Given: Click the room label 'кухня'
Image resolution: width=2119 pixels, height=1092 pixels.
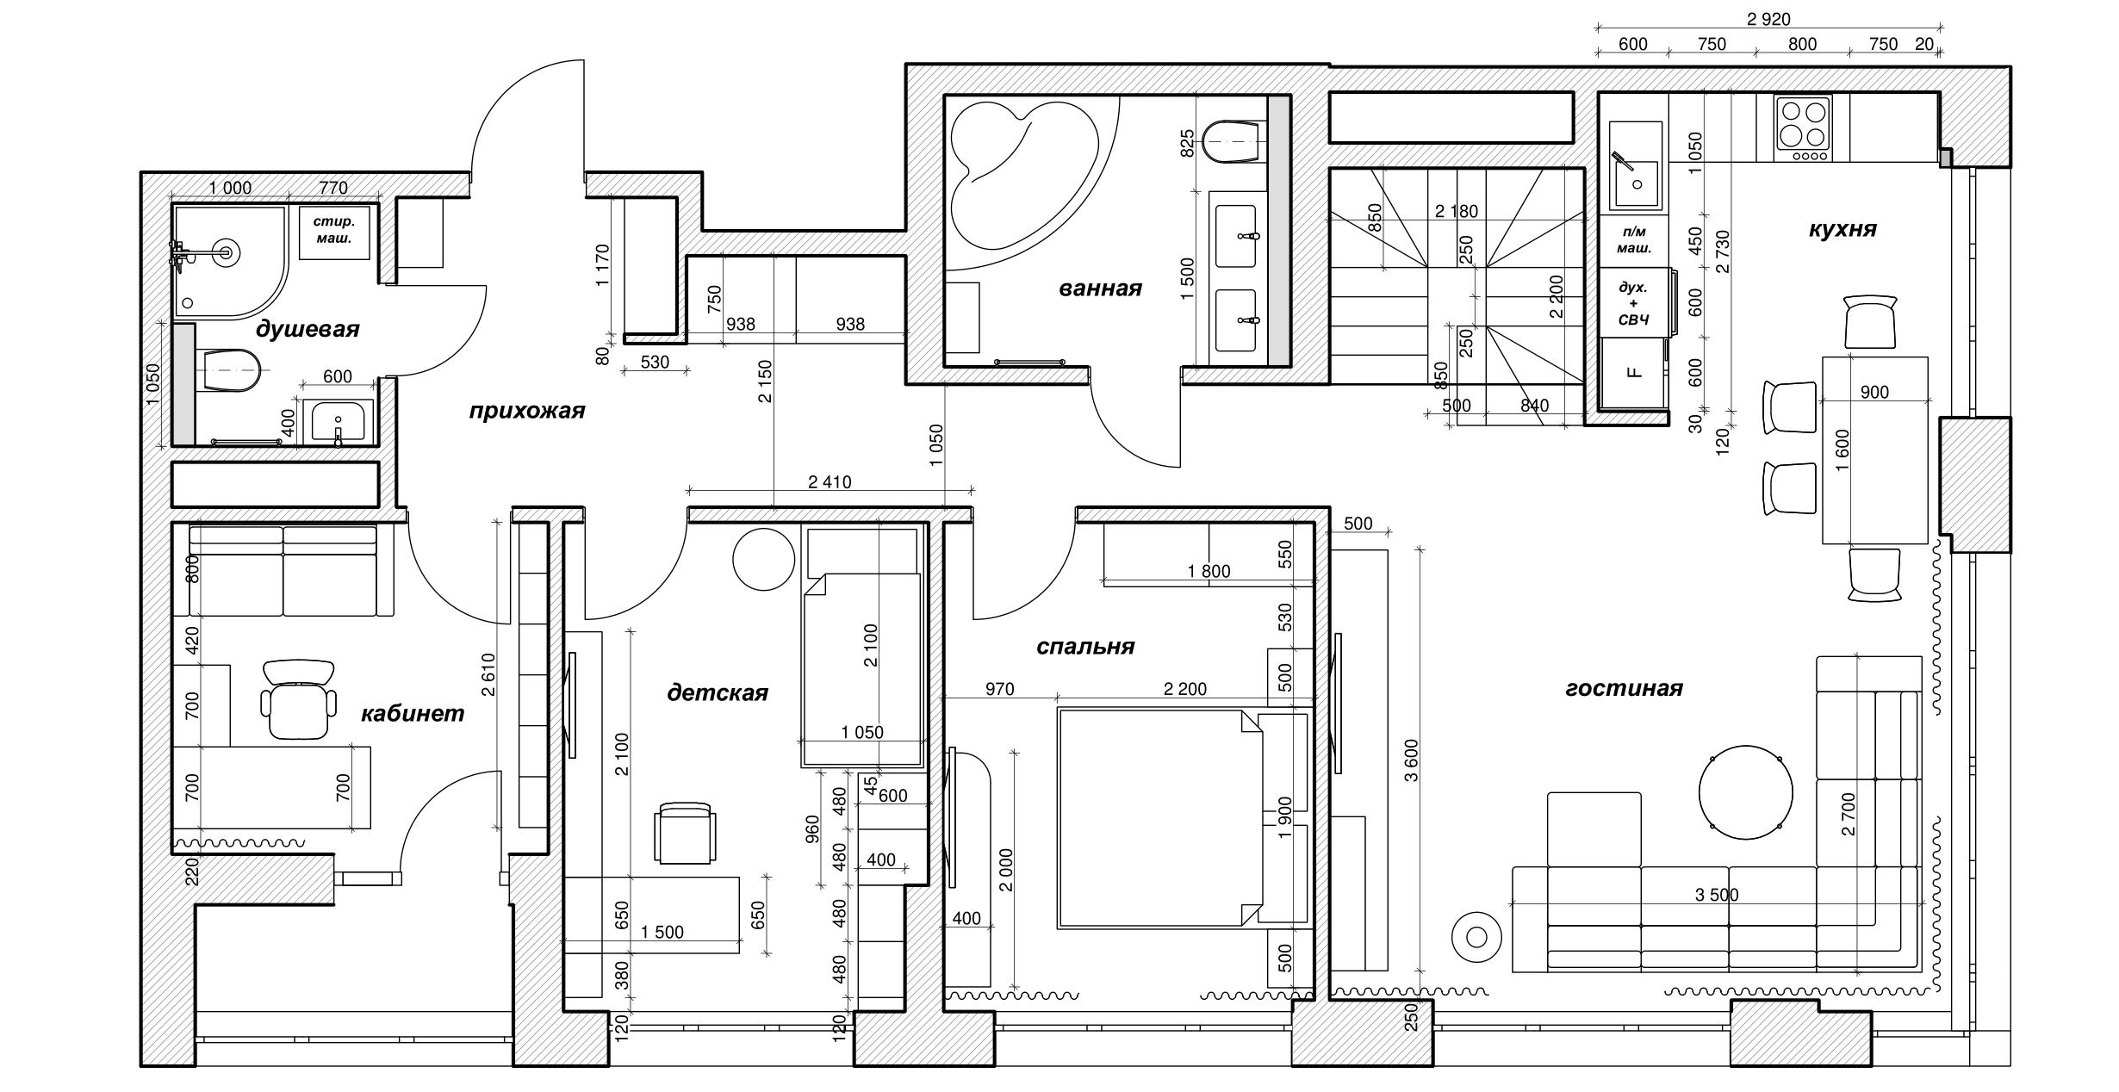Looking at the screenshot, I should [x=1842, y=230].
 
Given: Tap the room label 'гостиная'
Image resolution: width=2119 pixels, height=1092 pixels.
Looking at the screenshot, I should [x=1624, y=688].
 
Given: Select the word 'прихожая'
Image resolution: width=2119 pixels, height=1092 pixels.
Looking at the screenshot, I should [x=526, y=411].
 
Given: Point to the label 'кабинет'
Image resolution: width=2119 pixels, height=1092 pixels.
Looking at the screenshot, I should [x=412, y=713].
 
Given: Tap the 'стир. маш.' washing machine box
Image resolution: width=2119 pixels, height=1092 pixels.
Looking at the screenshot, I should [x=333, y=231].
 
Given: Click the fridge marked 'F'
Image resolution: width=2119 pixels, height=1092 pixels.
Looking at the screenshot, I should [x=1633, y=372].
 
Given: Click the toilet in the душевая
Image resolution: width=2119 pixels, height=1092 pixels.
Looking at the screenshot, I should [x=227, y=370].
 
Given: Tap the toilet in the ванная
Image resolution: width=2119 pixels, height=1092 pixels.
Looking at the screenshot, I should [x=1234, y=141].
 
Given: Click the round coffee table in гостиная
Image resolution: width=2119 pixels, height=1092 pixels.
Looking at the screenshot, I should [x=1745, y=792].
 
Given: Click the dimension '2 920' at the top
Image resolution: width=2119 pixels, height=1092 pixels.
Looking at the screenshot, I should [x=1768, y=20].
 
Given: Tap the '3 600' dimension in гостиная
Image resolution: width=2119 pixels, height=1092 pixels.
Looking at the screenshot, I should [x=1411, y=760].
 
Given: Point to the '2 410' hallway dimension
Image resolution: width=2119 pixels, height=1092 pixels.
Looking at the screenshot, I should [x=830, y=482].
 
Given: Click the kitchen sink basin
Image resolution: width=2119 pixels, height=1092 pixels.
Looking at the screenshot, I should [x=1635, y=181].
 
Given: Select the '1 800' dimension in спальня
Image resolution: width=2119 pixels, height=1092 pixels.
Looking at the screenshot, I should [x=1209, y=571].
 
